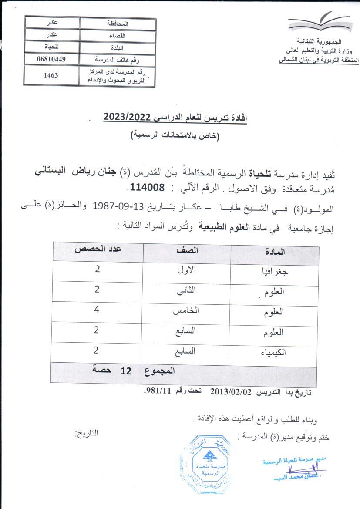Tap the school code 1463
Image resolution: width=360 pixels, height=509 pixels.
point(51,75)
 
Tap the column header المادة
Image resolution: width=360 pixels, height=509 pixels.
point(275,252)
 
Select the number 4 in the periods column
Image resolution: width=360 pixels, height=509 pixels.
point(96,311)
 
